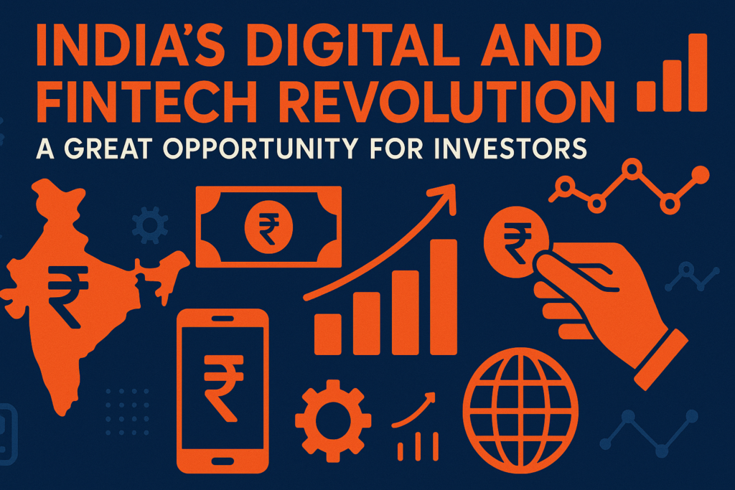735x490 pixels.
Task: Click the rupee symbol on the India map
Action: coord(69,288)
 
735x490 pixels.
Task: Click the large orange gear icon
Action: coord(333,420)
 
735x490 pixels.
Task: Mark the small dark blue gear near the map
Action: coord(150,225)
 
